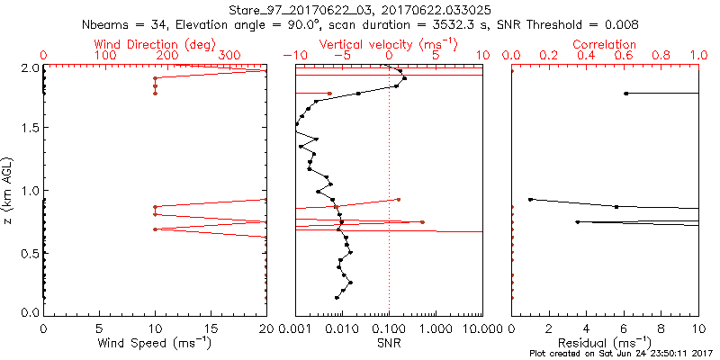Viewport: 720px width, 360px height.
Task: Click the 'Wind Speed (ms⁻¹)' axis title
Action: (155, 343)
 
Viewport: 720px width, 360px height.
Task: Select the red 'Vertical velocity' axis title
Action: (389, 44)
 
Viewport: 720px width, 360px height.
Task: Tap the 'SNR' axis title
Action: (389, 343)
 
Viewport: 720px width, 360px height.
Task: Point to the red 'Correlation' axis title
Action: (606, 44)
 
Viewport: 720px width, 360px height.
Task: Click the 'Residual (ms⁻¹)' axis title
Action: (606, 343)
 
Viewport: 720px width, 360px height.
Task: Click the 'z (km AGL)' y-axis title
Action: (8, 190)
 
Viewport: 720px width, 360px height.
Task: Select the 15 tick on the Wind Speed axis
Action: (211, 329)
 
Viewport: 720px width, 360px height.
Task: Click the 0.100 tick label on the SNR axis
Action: (389, 329)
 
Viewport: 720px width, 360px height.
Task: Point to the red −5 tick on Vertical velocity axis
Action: (341, 56)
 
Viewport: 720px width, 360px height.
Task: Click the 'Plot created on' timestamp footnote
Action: (621, 353)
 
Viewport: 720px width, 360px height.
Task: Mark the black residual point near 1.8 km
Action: (626, 94)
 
